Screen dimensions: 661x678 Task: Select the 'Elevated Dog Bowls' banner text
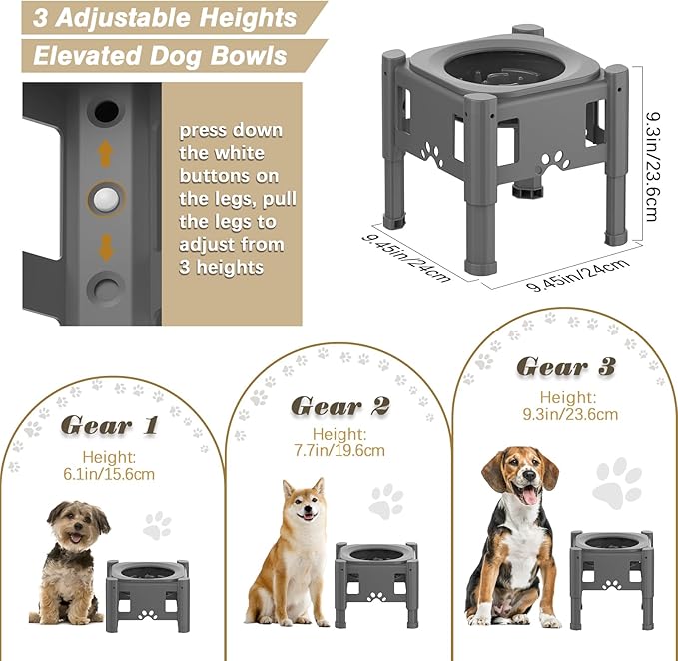click(x=160, y=55)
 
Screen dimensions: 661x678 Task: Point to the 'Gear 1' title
click(x=110, y=425)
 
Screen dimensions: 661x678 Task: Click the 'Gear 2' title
click(x=341, y=405)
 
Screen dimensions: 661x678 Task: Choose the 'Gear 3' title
click(x=566, y=366)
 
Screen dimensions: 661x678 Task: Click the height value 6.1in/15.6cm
click(x=110, y=473)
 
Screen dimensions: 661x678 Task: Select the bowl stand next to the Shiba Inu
click(x=375, y=584)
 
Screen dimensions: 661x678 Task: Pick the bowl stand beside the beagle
click(x=611, y=577)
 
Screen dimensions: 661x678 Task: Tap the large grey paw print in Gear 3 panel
click(x=617, y=483)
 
